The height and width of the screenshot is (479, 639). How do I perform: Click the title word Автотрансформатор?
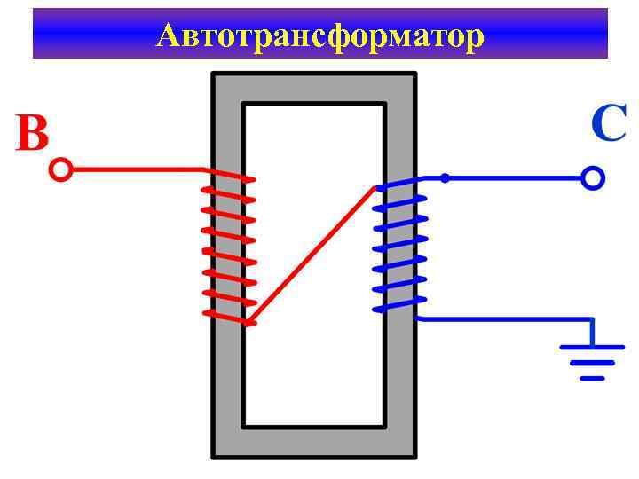[x=319, y=35]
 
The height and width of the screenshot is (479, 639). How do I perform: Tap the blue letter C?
[x=609, y=124]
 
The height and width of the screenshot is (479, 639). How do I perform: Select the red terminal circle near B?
[x=60, y=169]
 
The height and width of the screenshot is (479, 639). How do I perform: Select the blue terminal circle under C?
[x=593, y=178]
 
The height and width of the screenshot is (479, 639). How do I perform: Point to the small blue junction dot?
[x=445, y=178]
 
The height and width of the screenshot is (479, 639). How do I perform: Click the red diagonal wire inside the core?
[x=311, y=255]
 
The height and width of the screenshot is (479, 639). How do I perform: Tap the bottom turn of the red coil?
[x=229, y=317]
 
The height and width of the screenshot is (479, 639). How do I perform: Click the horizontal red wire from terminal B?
[x=133, y=169]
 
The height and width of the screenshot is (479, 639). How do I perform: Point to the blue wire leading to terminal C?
[x=515, y=178]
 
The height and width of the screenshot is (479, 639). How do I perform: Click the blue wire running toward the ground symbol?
[x=506, y=318]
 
